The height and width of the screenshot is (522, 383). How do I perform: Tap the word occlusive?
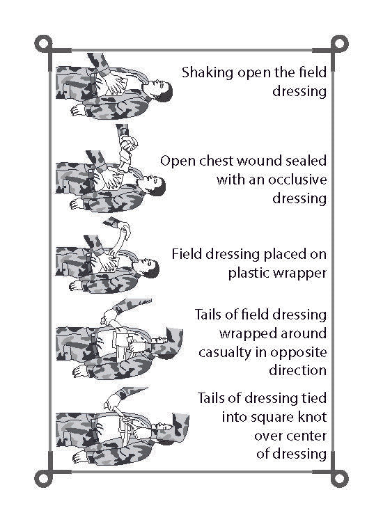tap(297, 180)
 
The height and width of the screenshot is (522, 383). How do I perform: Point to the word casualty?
tap(225, 353)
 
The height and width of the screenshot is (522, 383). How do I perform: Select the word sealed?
tap(306, 161)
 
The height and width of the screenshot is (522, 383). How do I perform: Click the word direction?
tap(298, 370)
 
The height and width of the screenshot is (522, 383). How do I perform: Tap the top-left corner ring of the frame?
tap(43, 44)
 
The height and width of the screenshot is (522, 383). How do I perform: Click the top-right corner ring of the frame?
tap(339, 44)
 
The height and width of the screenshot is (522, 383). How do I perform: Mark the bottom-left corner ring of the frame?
tap(43, 479)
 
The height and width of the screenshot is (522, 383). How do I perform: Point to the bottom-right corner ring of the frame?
tap(339, 479)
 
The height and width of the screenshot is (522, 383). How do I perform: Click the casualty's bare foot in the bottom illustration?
tap(80, 457)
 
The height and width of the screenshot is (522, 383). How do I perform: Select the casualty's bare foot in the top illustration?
tap(78, 110)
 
